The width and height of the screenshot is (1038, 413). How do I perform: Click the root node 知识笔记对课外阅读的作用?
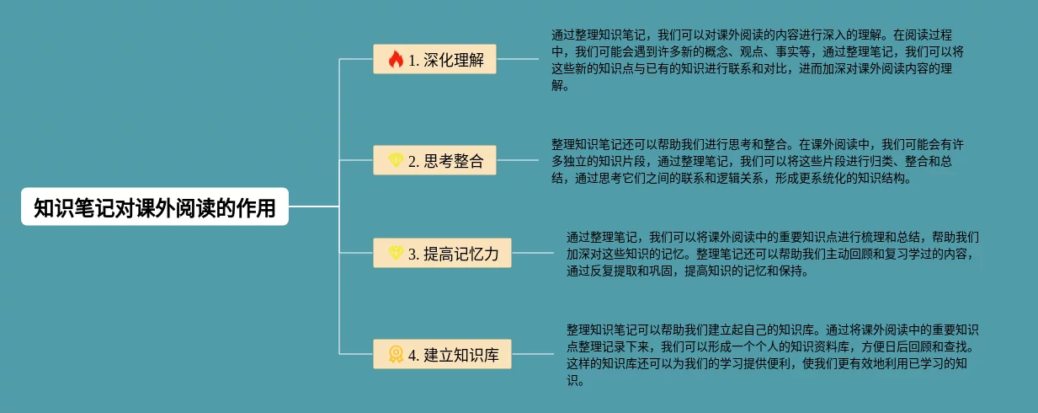155,207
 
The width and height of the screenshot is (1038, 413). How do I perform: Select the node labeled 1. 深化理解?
434,60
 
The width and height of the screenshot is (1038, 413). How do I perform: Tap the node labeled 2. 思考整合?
434,161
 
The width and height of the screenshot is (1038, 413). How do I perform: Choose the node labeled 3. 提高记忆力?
442,254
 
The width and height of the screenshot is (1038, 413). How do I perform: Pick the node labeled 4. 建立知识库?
442,355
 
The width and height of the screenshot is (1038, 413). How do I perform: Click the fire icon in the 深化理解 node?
396,60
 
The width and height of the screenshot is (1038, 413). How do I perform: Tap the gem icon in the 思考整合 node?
396,161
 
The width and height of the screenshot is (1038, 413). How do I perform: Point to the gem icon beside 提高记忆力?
396,254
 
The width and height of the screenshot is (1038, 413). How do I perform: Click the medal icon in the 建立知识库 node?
396,355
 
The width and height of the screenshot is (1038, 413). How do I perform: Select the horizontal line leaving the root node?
313,206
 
